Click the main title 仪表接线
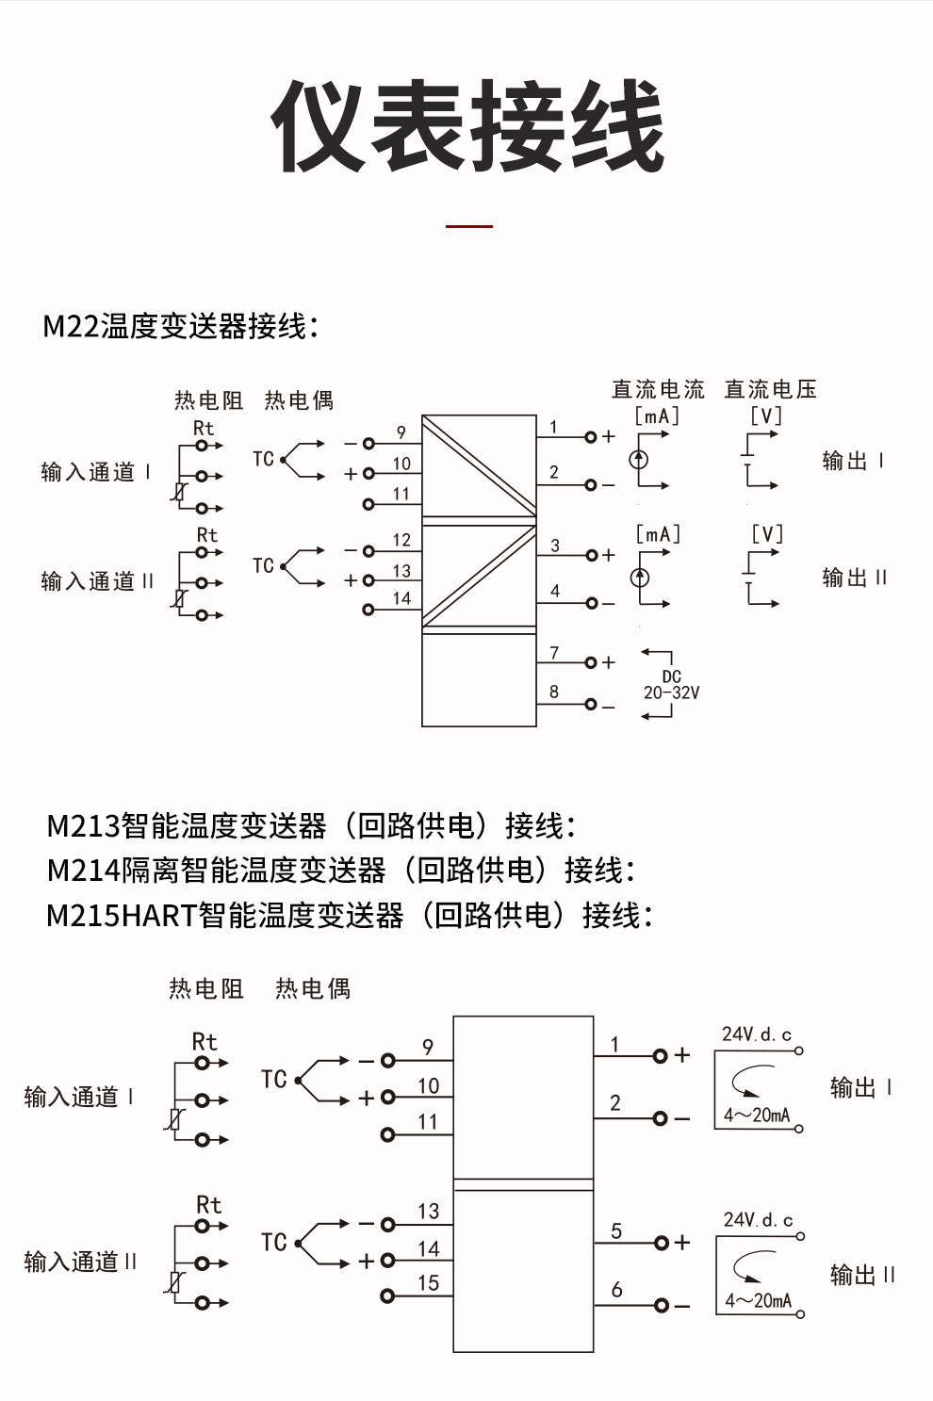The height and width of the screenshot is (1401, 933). pyautogui.click(x=467, y=126)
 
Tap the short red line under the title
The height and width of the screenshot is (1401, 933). pyautogui.click(x=468, y=226)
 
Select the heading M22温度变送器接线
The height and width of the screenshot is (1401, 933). pyautogui.click(x=180, y=326)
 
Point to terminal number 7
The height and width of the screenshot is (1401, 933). pyautogui.click(x=554, y=652)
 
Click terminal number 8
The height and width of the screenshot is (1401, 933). pyautogui.click(x=554, y=692)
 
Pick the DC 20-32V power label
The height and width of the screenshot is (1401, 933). pyautogui.click(x=671, y=685)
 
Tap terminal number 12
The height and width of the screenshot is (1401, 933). pyautogui.click(x=401, y=540)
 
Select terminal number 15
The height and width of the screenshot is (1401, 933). pyautogui.click(x=428, y=1282)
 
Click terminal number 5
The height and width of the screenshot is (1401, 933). pyautogui.click(x=616, y=1230)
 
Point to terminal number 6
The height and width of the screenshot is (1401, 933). pyautogui.click(x=616, y=1289)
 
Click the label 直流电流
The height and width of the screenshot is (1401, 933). pyautogui.click(x=658, y=389)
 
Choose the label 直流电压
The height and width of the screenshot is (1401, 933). pyautogui.click(x=770, y=389)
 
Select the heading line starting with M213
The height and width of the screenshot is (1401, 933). pyautogui.click(x=311, y=826)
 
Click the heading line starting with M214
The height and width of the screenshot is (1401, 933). pyautogui.click(x=340, y=870)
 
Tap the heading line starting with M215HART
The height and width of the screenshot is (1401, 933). pyautogui.click(x=349, y=915)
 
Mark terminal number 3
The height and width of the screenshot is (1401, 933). pyautogui.click(x=555, y=546)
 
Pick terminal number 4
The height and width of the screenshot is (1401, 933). pyautogui.click(x=555, y=591)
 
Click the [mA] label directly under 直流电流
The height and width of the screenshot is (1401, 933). pyautogui.click(x=657, y=415)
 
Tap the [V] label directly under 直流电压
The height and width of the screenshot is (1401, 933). pyautogui.click(x=766, y=415)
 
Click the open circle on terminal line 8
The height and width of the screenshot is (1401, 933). pyautogui.click(x=591, y=705)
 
